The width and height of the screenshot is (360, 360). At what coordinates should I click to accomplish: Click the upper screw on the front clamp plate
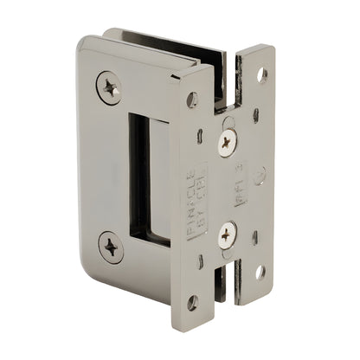pyautogui.click(x=109, y=87)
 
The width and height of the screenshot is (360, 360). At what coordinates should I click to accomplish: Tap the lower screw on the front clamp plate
pyautogui.click(x=111, y=247)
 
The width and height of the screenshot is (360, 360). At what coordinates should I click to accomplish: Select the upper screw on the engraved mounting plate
pyautogui.click(x=226, y=143)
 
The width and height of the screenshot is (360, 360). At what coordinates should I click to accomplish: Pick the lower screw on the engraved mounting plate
pyautogui.click(x=227, y=234)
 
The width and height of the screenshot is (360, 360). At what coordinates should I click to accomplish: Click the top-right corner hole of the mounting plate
pyautogui.click(x=261, y=74)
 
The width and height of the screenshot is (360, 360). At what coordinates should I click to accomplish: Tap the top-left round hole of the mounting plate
pyautogui.click(x=192, y=100)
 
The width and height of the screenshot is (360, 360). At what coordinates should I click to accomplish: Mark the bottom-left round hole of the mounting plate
pyautogui.click(x=192, y=303)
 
